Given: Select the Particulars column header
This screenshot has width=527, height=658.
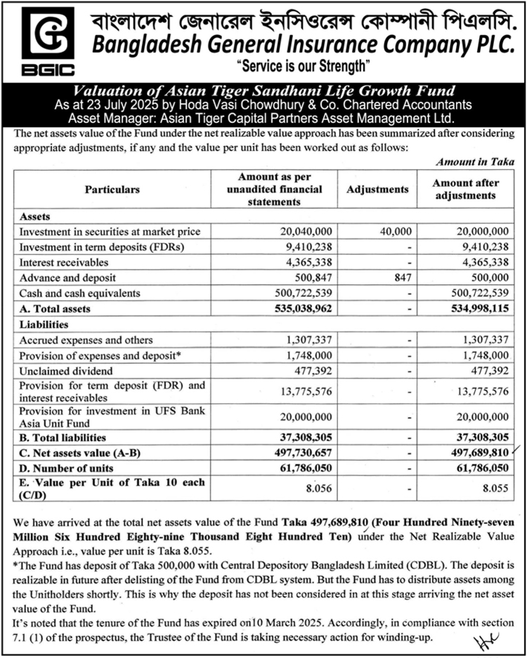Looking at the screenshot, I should (x=112, y=190).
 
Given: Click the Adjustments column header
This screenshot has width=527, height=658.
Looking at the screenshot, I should (x=377, y=190).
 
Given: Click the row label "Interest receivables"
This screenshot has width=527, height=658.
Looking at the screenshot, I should (x=64, y=262).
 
